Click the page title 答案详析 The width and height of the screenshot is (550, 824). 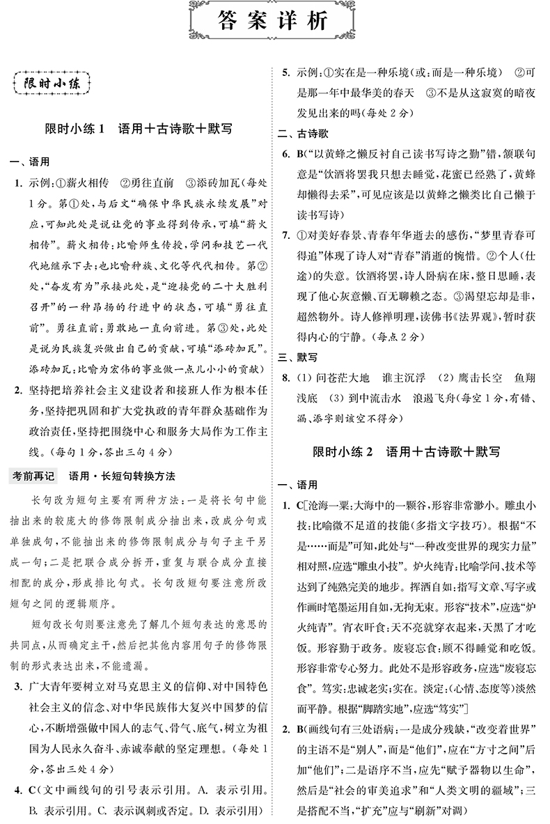(x=275, y=22)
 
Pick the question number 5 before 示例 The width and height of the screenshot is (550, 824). (x=285, y=73)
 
